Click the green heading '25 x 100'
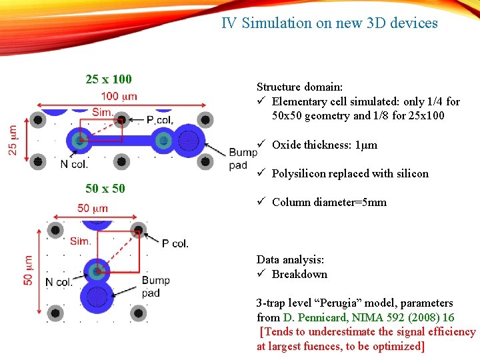pos(109,79)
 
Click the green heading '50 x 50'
pos(105,189)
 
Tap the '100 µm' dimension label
pos(119,96)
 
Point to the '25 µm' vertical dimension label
pos(13,140)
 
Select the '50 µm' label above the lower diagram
pos(92,209)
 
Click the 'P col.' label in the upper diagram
pos(160,120)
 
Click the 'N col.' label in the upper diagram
pos(73,165)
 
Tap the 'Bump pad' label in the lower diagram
pos(156,287)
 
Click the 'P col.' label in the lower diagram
pos(175,244)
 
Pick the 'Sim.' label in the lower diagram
pos(81,241)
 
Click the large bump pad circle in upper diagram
pos(189,141)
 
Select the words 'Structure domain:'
pos(300,87)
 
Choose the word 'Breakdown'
pos(299,275)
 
